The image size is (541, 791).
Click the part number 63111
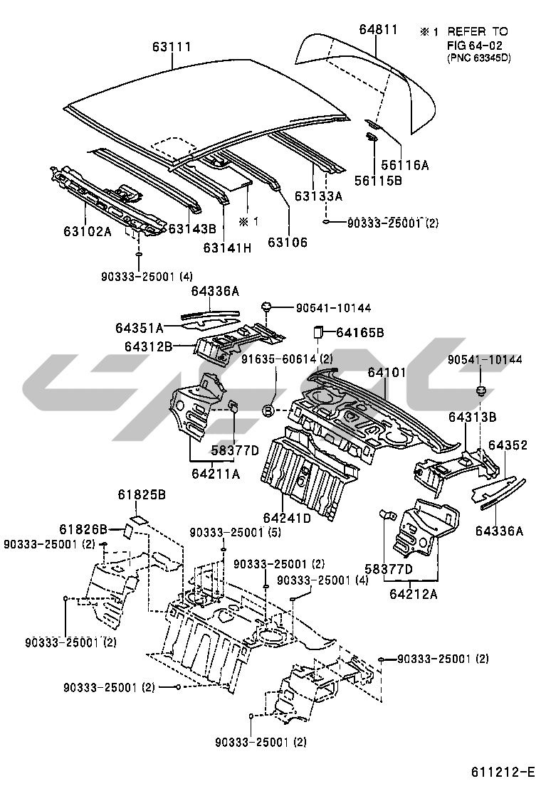(x=172, y=48)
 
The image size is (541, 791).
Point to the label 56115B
(x=399, y=181)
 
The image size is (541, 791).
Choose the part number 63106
(x=288, y=243)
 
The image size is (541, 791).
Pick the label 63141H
(x=228, y=248)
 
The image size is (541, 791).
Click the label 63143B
(x=191, y=229)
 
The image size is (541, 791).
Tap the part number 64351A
(x=140, y=328)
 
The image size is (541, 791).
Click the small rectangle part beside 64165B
(x=320, y=331)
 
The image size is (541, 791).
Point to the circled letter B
(x=268, y=411)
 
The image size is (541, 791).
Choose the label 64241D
(x=287, y=519)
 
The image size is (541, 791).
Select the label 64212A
(x=414, y=590)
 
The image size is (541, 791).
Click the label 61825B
(x=142, y=495)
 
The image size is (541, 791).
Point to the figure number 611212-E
(x=502, y=772)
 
